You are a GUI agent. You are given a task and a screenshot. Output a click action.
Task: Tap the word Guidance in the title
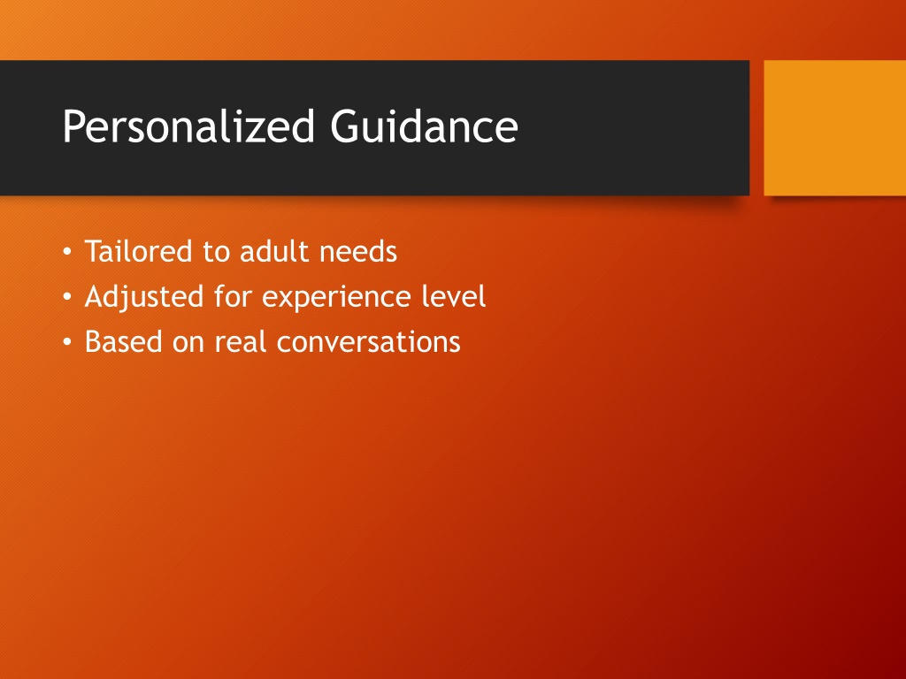424,126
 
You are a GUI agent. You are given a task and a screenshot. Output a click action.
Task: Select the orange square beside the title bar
835,127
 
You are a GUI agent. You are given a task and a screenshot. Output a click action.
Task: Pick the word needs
358,252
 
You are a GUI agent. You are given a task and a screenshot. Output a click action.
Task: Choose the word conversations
369,341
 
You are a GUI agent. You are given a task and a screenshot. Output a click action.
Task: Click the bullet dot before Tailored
67,252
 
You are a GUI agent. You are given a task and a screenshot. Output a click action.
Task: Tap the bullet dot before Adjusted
67,297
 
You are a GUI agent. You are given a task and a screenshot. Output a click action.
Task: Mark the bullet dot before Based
67,342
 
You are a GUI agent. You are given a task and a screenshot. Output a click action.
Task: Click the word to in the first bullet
216,252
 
